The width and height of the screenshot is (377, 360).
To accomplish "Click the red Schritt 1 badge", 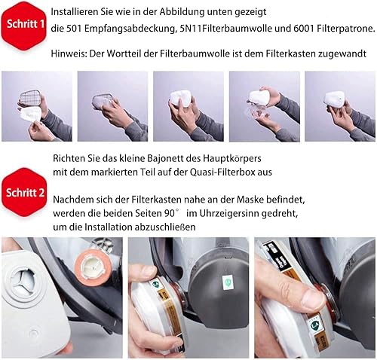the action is tap(24, 25).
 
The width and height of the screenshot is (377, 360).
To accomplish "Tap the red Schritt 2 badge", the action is tap(24, 193).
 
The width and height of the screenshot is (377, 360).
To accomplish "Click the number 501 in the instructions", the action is tap(74, 29).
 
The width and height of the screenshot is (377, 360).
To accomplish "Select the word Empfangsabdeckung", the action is tap(130, 29).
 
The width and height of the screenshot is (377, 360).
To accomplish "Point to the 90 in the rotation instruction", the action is tap(170, 213).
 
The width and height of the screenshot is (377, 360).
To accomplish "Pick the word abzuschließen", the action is tap(165, 227).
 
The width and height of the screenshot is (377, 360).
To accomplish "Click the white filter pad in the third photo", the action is tap(182, 98).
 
